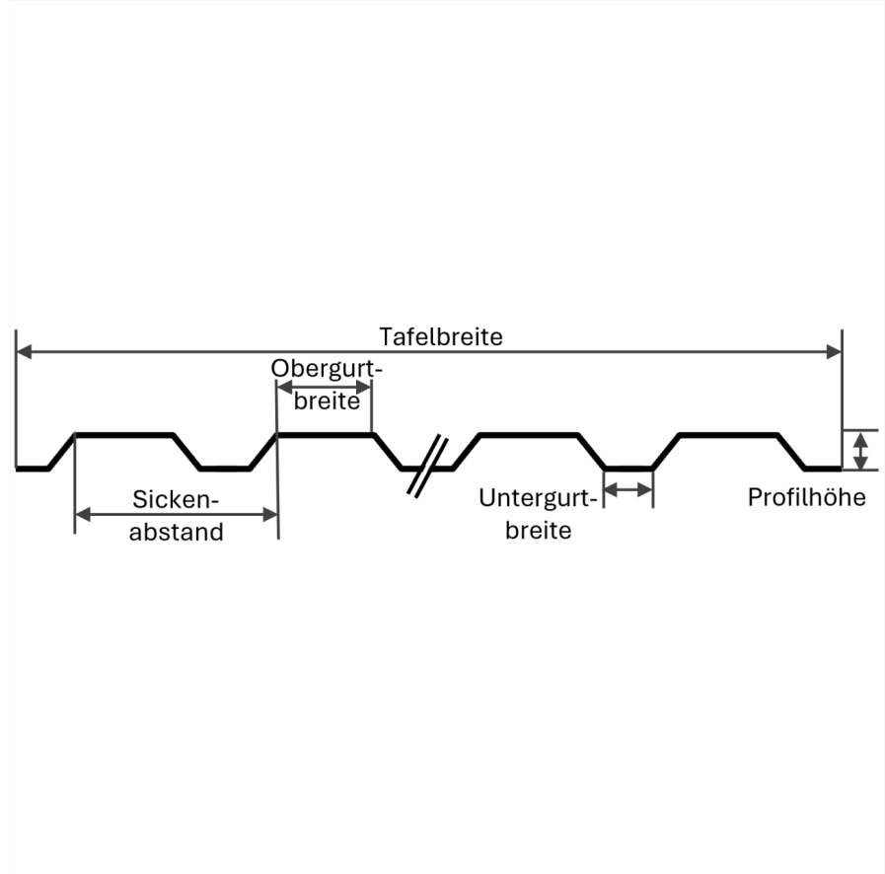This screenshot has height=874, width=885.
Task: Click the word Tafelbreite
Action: pos(441,336)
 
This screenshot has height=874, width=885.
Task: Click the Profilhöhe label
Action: pos(806,497)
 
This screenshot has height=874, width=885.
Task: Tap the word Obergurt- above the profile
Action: pos(327,369)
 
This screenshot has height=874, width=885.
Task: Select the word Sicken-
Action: pos(176,499)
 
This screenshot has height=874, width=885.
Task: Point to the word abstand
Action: pos(176,532)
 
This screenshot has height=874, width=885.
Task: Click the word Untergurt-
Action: pos(538,498)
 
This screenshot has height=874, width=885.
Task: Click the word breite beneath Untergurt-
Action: pos(538,531)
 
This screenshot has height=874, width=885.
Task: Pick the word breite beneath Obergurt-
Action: pos(327,401)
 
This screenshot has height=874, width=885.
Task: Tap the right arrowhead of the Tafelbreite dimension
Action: pos(835,352)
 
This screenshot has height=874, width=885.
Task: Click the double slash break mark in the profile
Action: pos(427,466)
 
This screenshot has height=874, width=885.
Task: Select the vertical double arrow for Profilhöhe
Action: pos(860,451)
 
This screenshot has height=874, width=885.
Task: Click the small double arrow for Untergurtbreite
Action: pos(628,489)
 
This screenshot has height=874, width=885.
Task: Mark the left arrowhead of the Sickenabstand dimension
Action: pos(83,515)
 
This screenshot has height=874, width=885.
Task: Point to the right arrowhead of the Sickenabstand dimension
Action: pos(270,515)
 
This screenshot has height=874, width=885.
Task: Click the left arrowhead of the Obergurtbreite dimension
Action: pos(284,388)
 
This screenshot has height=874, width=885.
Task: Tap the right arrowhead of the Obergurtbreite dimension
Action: pos(363,388)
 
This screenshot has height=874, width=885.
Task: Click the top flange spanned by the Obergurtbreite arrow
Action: pos(326,435)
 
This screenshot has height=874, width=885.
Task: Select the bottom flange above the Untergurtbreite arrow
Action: pos(628,469)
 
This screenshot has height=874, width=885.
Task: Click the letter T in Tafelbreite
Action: pos(386,336)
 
